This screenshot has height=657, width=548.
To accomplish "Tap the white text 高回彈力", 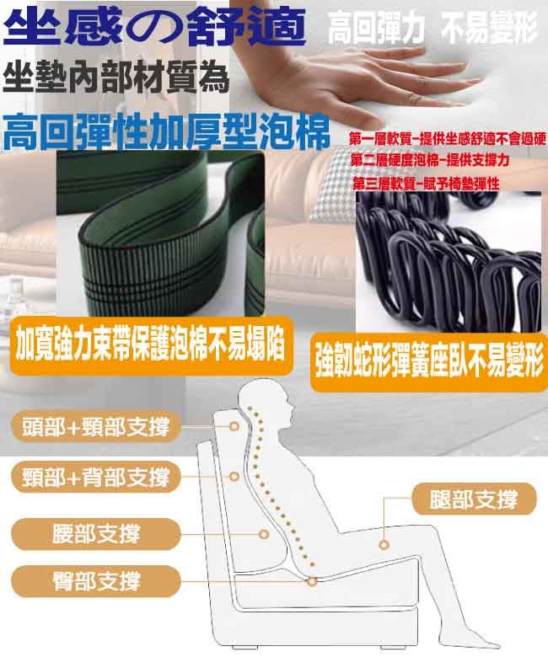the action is [x=376, y=28].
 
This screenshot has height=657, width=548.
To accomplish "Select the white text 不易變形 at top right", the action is [x=489, y=28].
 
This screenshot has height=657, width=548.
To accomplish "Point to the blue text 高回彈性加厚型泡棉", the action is [x=166, y=131].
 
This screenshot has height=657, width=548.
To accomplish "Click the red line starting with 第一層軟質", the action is [x=448, y=139].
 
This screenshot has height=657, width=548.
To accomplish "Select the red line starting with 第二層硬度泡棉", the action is [x=430, y=160].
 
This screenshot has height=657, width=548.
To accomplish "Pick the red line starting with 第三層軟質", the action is [x=426, y=183].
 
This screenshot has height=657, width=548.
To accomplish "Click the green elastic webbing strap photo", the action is [x=160, y=234].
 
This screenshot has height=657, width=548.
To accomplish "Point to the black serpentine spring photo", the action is [x=449, y=262].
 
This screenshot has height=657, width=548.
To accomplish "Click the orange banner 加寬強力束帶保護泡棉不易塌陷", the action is [x=151, y=346].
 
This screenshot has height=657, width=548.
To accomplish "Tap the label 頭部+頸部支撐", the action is [x=96, y=426].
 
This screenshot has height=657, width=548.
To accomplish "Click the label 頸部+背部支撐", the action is [x=96, y=477].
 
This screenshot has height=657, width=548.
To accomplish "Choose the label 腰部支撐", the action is [x=96, y=534].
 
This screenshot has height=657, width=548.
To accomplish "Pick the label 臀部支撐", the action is [x=96, y=580].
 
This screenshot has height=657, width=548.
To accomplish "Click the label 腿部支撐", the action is [x=474, y=499].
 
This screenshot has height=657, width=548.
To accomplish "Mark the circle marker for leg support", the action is [x=384, y=545].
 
